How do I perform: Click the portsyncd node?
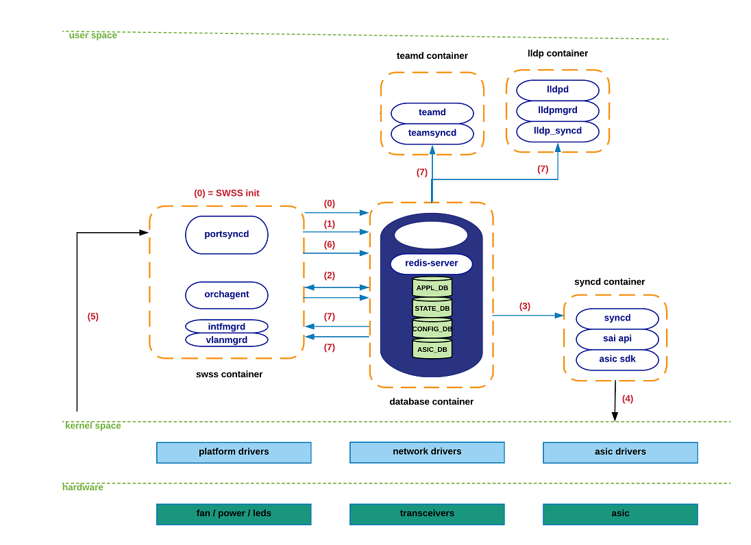pyautogui.click(x=226, y=235)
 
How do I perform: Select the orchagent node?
pyautogui.click(x=226, y=295)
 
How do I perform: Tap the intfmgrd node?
pyautogui.click(x=226, y=327)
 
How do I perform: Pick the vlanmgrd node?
pyautogui.click(x=226, y=340)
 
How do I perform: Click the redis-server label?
pyautogui.click(x=431, y=264)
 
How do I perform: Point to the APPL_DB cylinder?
pyautogui.click(x=432, y=288)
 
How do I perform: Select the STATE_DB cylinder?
pyautogui.click(x=432, y=308)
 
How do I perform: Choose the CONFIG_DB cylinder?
pyautogui.click(x=432, y=329)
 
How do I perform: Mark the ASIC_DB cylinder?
pyautogui.click(x=432, y=349)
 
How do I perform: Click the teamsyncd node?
pyautogui.click(x=432, y=134)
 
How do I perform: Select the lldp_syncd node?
pyautogui.click(x=557, y=131)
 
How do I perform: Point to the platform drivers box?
pyautogui.click(x=234, y=453)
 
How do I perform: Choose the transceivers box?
pyautogui.click(x=427, y=514)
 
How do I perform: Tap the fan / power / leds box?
pyautogui.click(x=234, y=514)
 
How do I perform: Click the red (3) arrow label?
pyautogui.click(x=524, y=306)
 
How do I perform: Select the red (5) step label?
pyautogui.click(x=93, y=316)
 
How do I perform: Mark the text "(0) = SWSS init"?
pyautogui.click(x=226, y=193)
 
